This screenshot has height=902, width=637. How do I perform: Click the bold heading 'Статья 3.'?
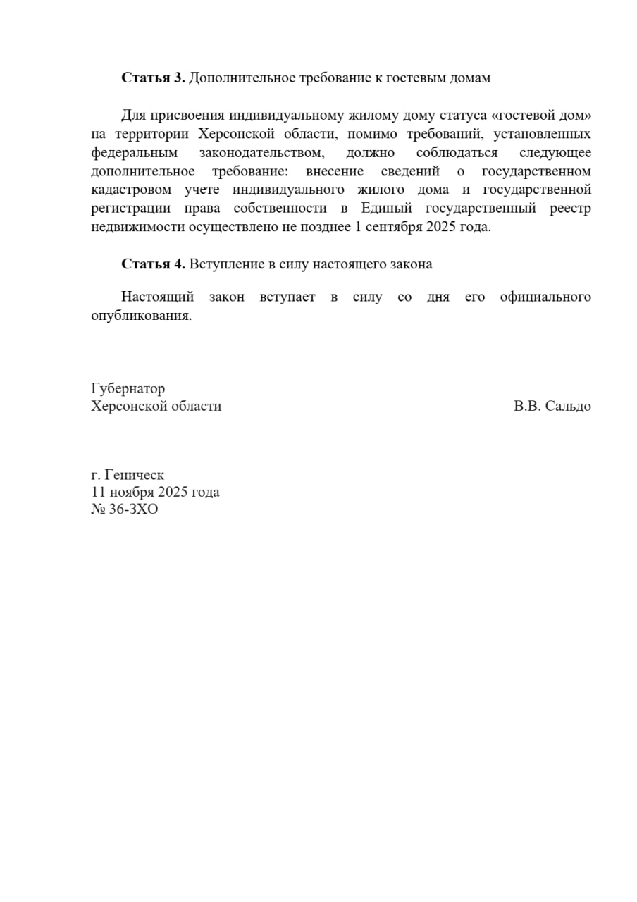153,78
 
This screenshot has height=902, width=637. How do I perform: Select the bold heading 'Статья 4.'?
153,264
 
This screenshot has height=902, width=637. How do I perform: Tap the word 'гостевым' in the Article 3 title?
415,78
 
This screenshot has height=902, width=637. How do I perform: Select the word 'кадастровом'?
131,190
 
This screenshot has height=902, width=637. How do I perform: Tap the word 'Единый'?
385,209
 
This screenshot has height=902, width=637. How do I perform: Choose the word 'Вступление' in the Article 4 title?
223,264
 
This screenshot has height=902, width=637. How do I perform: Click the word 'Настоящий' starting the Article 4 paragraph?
157,297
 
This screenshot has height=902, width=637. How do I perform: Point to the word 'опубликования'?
141,316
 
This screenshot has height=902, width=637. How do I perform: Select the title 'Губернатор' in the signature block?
128,388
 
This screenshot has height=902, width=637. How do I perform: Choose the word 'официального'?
545,297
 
